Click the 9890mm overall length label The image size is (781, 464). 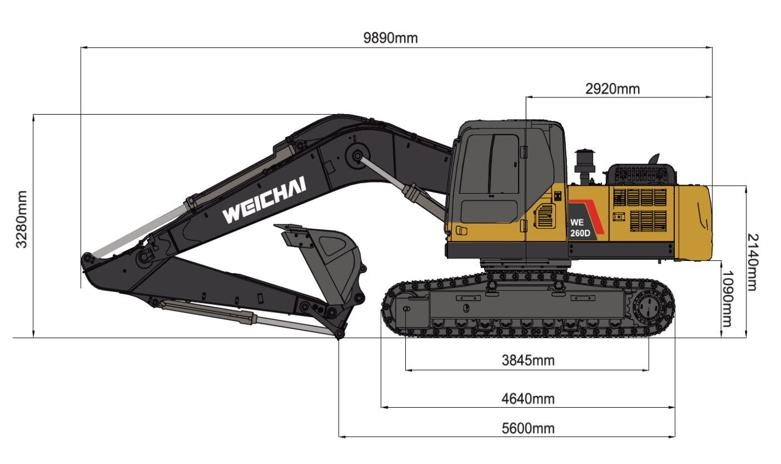(x=390, y=38)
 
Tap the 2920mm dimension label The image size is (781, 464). (x=613, y=88)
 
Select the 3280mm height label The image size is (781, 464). (x=21, y=219)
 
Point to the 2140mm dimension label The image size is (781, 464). (x=752, y=261)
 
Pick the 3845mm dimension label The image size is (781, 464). (x=528, y=360)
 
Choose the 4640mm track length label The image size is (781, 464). (x=528, y=398)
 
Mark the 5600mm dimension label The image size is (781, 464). (x=528, y=428)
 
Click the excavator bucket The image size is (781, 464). (x=328, y=261)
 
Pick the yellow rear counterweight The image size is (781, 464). (x=693, y=223)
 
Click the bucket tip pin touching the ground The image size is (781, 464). (x=339, y=333)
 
